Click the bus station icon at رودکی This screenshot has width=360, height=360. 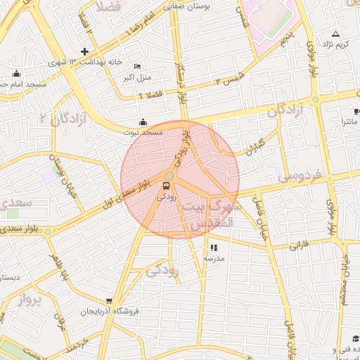(166, 186)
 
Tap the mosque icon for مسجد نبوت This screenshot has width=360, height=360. (143, 121)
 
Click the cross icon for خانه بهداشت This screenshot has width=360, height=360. (84, 51)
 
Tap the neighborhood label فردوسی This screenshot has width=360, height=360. (299, 175)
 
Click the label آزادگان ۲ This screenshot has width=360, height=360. (66, 117)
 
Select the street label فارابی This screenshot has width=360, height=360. (300, 246)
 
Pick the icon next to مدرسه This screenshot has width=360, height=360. (214, 247)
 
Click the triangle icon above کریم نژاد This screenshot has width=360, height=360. (335, 34)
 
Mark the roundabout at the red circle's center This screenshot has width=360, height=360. (171, 176)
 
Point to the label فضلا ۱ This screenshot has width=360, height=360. (150, 94)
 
